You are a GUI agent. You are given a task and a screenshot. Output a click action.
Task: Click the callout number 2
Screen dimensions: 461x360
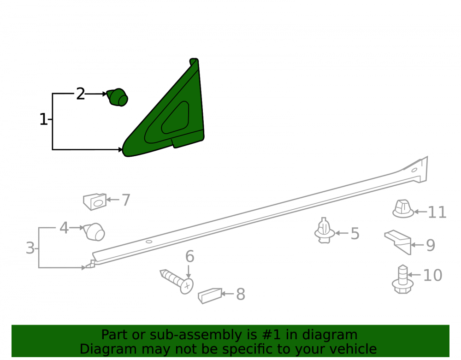click(x=80, y=94)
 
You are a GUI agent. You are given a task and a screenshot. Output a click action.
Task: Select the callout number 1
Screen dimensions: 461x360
click(x=43, y=119)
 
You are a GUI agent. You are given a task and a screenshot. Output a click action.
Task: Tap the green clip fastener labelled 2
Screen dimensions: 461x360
click(x=117, y=97)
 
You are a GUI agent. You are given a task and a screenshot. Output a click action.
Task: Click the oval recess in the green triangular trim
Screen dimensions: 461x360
click(x=175, y=118)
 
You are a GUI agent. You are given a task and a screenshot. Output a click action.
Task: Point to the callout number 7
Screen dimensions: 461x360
click(x=126, y=200)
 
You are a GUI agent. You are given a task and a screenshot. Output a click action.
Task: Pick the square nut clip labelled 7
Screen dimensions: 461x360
click(x=95, y=201)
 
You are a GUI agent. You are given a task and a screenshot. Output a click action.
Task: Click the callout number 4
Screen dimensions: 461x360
click(x=64, y=228)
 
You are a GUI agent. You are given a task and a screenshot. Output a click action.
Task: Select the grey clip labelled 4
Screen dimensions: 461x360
click(x=94, y=232)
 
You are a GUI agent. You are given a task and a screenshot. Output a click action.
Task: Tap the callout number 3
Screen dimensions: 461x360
click(x=30, y=248)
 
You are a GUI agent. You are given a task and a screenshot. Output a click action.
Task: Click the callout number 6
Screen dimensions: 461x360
click(x=189, y=256)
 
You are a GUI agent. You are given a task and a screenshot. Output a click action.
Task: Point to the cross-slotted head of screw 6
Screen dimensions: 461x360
click(x=187, y=286)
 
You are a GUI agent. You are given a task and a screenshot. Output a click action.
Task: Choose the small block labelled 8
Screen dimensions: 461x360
click(x=210, y=295)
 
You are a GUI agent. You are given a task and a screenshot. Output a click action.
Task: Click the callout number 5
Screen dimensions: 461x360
click(x=355, y=234)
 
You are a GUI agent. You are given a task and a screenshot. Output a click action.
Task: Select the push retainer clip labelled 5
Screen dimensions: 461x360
click(x=324, y=230)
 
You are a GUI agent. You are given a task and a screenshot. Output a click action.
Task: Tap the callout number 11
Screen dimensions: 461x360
click(x=437, y=212)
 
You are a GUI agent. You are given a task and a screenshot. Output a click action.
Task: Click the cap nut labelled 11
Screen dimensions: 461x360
click(x=403, y=209)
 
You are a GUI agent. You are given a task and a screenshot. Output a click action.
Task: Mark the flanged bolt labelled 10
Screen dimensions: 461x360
click(x=402, y=279)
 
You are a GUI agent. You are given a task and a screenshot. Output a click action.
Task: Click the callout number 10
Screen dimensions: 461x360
click(x=432, y=275)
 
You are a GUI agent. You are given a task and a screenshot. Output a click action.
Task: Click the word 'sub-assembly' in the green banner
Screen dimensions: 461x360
click(x=190, y=335)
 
